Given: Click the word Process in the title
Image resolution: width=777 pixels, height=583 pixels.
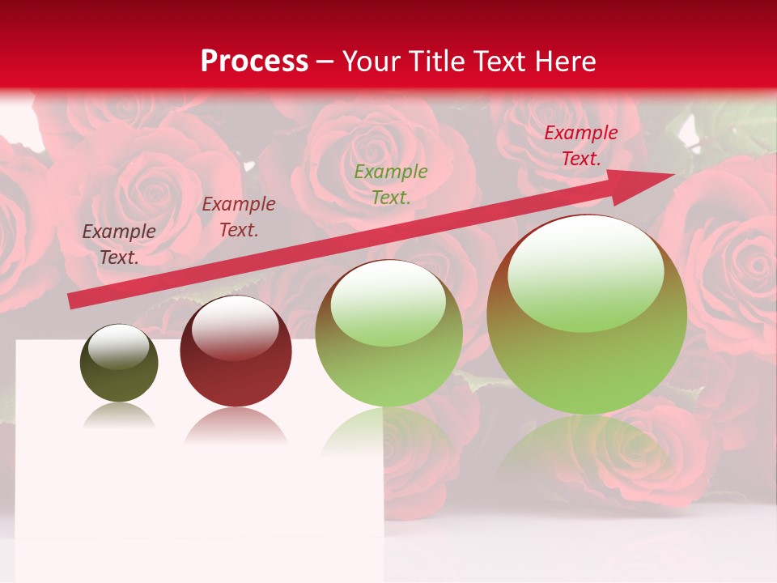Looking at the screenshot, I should [x=254, y=62].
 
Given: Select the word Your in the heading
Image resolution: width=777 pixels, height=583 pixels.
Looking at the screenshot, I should [x=372, y=62].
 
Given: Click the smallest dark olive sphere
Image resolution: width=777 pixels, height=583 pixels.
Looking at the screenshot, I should [x=119, y=364].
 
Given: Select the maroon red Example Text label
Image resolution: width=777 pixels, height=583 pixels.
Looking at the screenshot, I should [x=239, y=217].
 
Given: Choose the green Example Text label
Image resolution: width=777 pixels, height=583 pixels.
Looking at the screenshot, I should [x=391, y=185].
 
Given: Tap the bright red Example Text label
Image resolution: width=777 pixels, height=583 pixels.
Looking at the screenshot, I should [x=581, y=146].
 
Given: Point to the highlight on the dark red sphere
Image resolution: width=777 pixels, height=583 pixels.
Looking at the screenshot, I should [x=235, y=326].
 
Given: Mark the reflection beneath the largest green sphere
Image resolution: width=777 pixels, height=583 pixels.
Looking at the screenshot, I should [x=587, y=453].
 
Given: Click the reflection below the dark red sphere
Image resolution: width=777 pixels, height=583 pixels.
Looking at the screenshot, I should [x=236, y=425].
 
